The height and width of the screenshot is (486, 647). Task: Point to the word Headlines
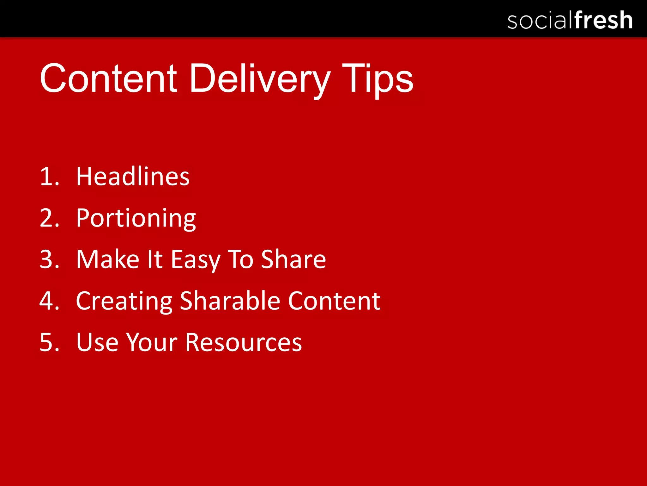point(133,176)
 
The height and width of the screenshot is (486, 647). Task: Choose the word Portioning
point(136,218)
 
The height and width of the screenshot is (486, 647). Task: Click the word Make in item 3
point(108,259)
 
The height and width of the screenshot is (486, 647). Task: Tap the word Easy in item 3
point(195,260)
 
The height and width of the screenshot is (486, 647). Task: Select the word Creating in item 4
point(124,301)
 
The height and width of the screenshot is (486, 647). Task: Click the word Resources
point(243,342)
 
